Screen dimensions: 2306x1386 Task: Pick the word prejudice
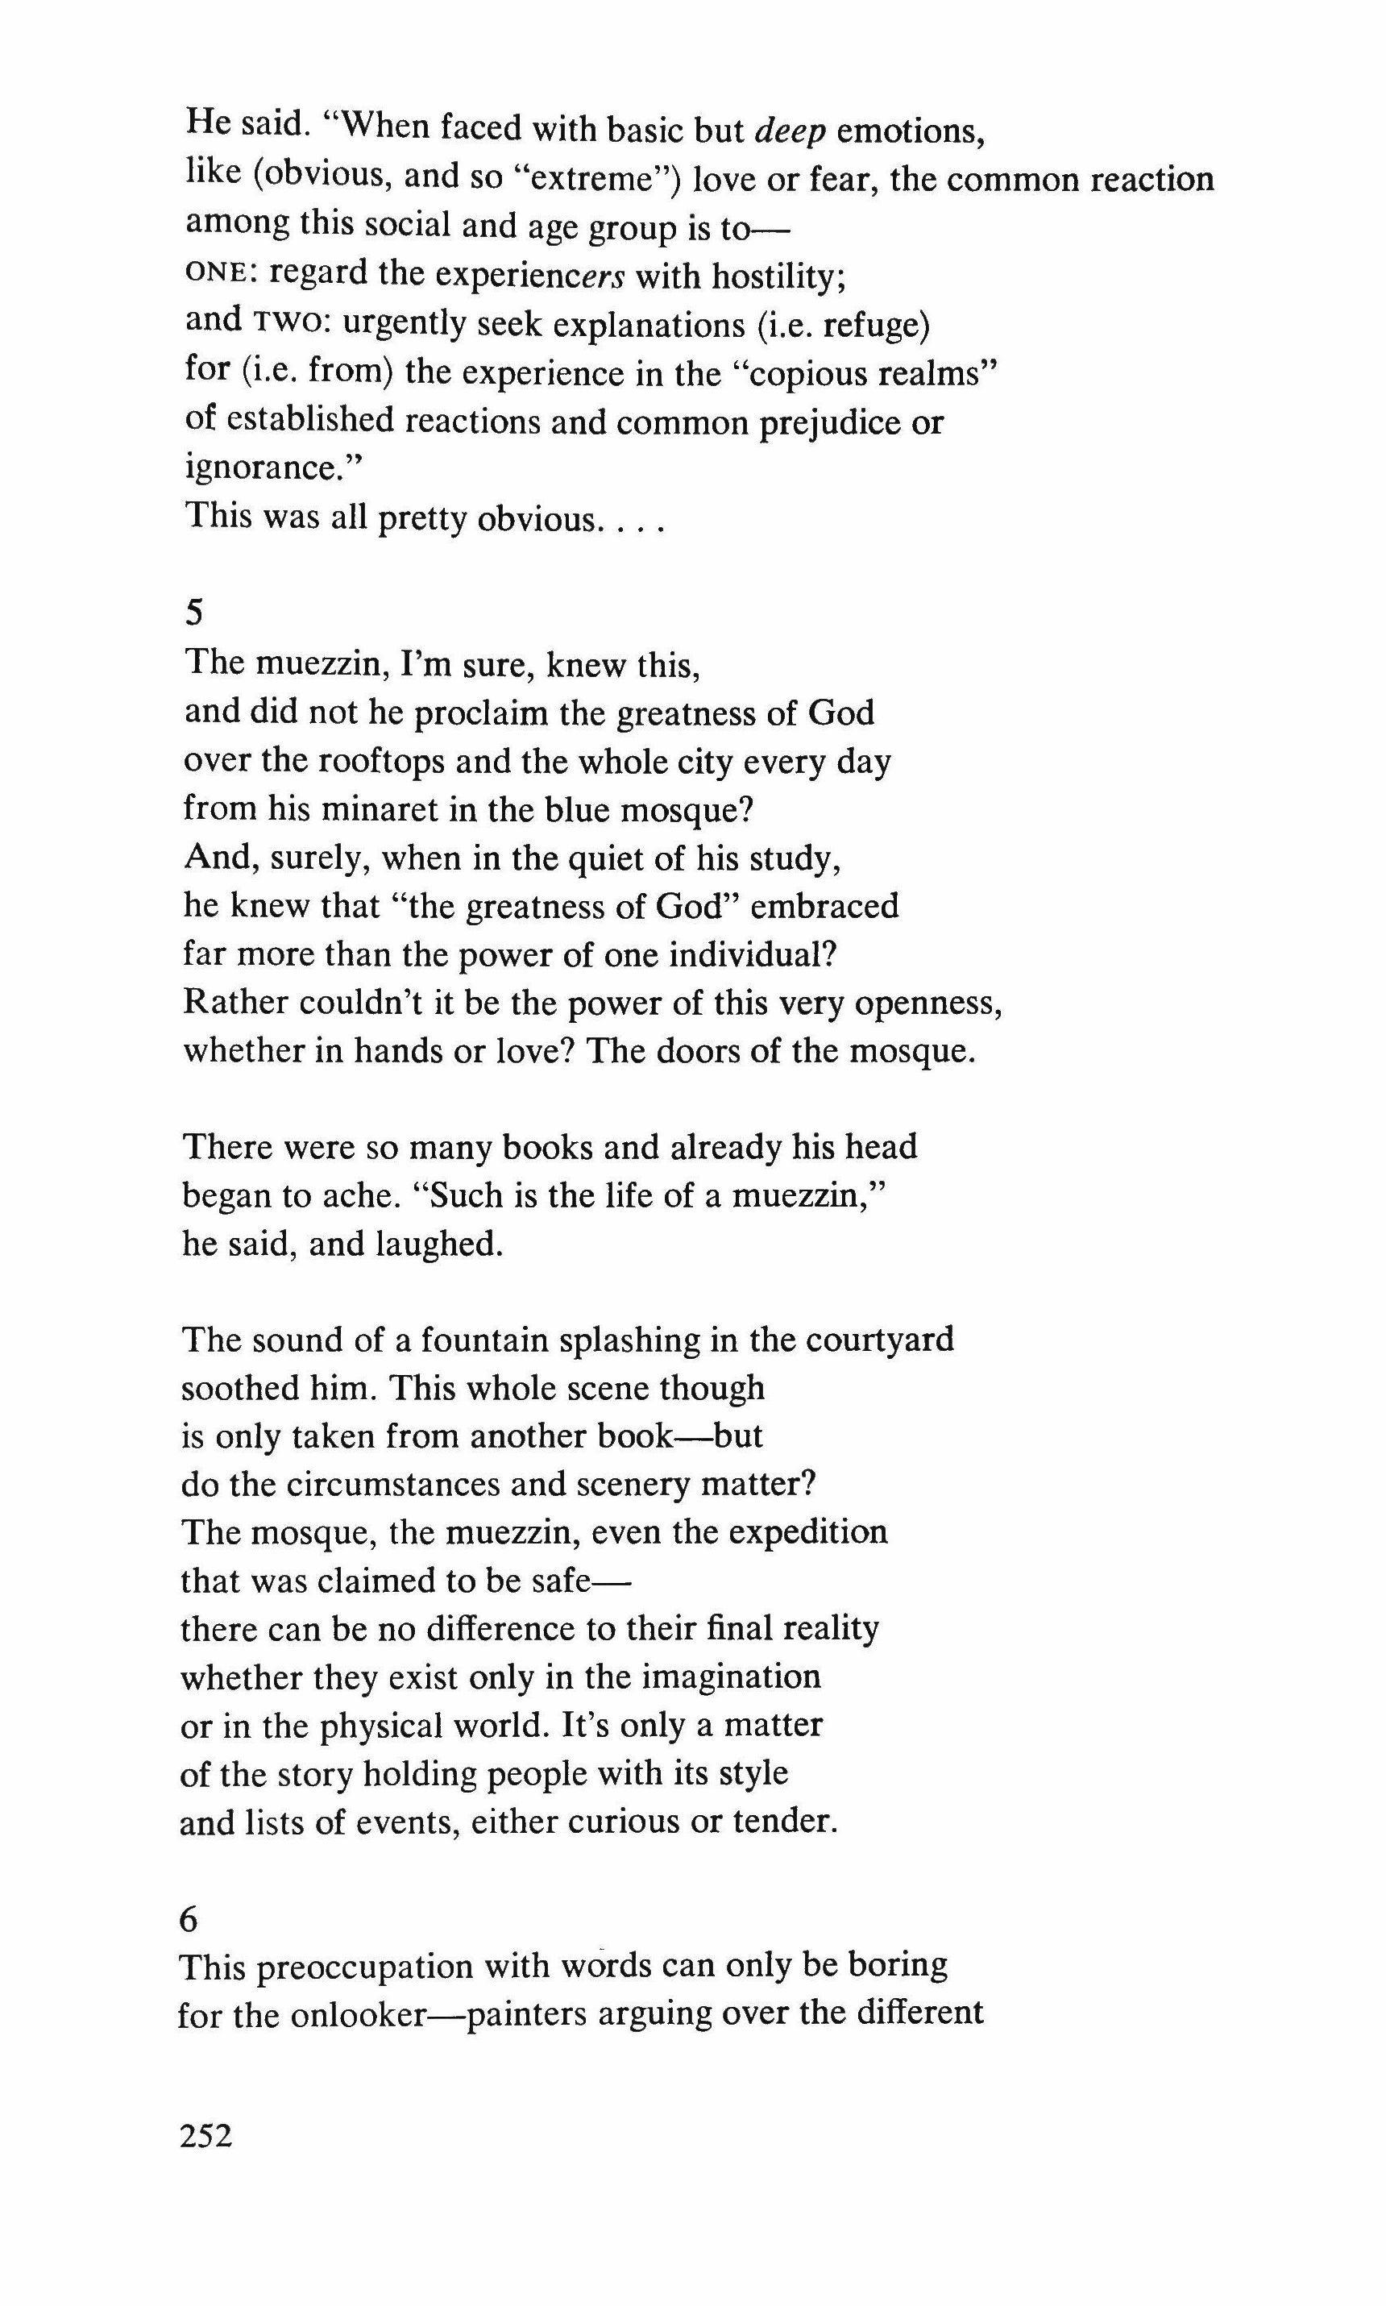point(829,422)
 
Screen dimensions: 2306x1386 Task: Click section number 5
point(195,613)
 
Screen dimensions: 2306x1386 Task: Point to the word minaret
point(368,808)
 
